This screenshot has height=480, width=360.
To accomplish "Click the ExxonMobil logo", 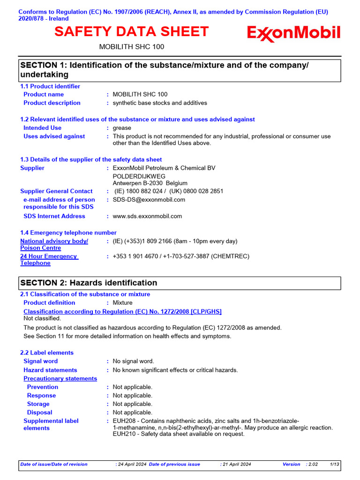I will click(294, 34).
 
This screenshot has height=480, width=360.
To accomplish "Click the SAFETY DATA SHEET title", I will click(131, 32).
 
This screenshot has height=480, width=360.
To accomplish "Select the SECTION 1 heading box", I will click(180, 69).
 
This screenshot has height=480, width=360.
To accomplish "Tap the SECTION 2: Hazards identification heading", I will click(89, 283).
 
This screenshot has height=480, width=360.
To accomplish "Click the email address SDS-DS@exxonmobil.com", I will click(149, 200).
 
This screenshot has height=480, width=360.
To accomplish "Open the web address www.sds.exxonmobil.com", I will click(147, 217).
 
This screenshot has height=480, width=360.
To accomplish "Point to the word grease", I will click(122, 128).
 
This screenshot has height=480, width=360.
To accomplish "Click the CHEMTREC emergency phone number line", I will click(181, 256).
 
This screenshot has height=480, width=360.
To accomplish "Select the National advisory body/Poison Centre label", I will click(54, 244).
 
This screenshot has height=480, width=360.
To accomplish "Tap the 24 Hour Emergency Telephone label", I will click(49, 260).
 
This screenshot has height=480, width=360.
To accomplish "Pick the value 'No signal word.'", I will click(133, 361).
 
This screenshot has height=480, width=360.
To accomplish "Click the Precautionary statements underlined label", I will click(60, 379).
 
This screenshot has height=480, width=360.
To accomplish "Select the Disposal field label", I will click(40, 412).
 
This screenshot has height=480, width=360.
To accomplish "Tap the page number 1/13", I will click(335, 464).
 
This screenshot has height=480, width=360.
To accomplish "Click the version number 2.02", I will click(313, 464).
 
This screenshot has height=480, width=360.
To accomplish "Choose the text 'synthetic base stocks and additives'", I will click(160, 103).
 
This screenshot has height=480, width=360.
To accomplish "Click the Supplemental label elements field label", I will click(51, 425).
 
